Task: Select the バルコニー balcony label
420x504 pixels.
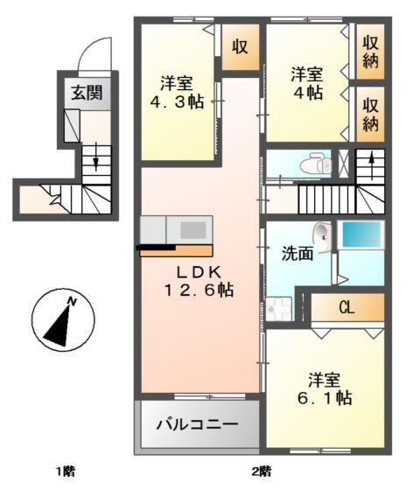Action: click(197, 425)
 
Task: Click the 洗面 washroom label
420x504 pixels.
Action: click(297, 255)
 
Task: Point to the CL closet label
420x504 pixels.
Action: click(346, 307)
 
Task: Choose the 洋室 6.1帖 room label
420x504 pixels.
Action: click(324, 388)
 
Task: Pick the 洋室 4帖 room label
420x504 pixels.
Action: click(308, 83)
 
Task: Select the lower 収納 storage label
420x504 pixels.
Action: click(371, 112)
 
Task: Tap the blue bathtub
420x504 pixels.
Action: click(360, 235)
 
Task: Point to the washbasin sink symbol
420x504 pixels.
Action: click(323, 235)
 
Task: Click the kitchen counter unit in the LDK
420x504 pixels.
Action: click(178, 232)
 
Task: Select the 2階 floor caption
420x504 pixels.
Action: click(262, 472)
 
